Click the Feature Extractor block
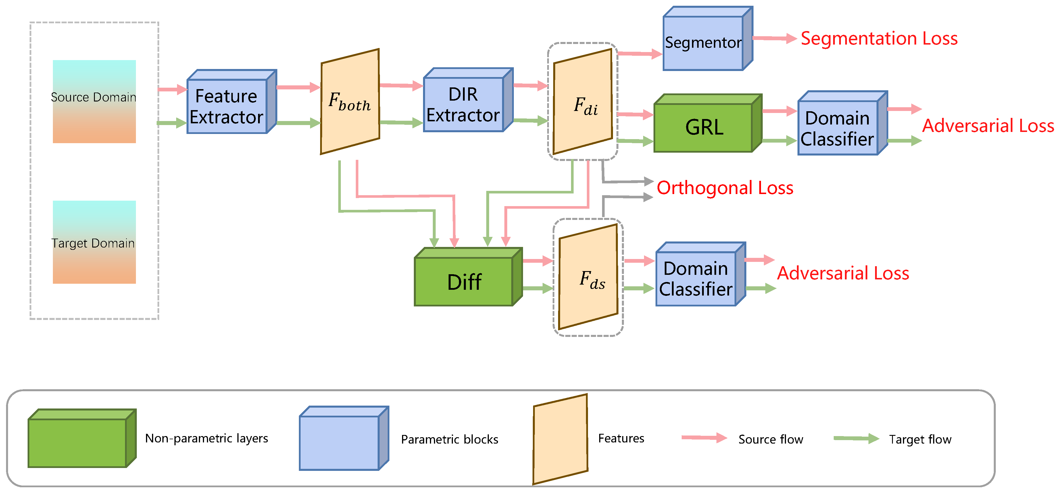(x=227, y=106)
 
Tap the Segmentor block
(x=704, y=42)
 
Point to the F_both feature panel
(x=350, y=101)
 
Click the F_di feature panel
(x=583, y=101)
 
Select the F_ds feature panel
(x=588, y=276)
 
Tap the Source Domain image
(x=94, y=101)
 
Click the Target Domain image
(x=94, y=242)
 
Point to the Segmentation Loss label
(x=879, y=38)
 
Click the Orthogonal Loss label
(x=725, y=188)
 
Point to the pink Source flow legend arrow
(x=704, y=438)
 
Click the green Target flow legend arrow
(x=856, y=439)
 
